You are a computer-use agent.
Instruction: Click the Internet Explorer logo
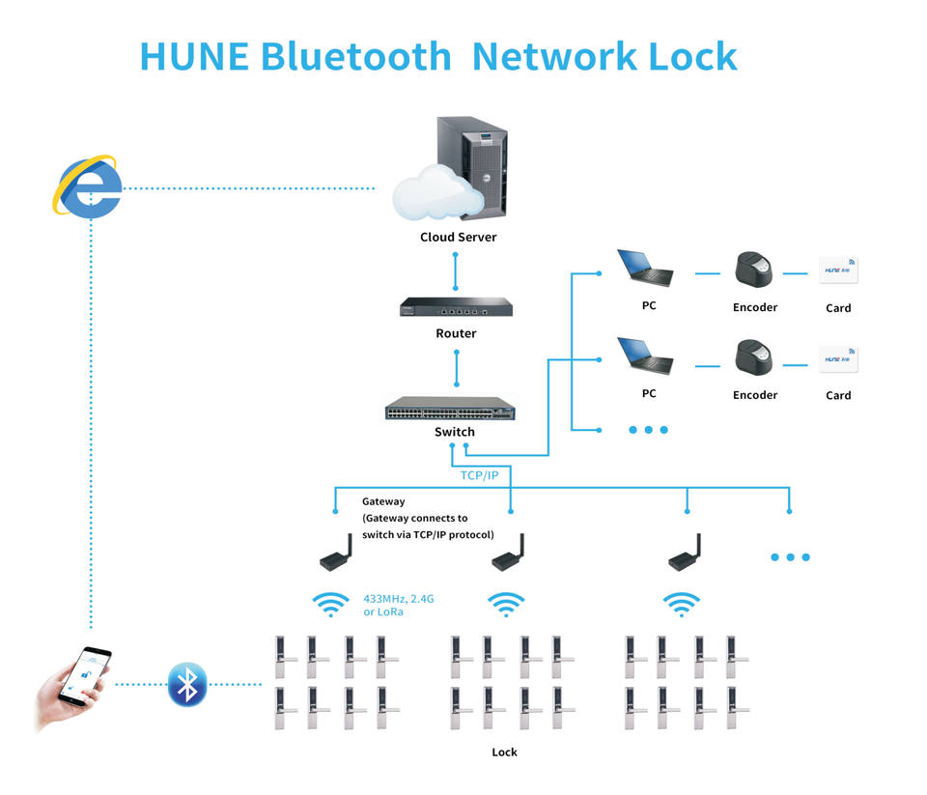(87, 186)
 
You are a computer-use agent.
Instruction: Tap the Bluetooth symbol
(187, 684)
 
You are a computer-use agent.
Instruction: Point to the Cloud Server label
(459, 237)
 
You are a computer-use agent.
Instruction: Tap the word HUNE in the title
(195, 57)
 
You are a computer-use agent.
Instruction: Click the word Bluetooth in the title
(356, 57)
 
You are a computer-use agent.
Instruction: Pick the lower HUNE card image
(838, 359)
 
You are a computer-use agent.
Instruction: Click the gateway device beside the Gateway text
(336, 554)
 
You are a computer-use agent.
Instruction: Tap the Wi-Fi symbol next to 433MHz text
(331, 605)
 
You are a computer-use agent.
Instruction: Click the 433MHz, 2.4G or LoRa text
(398, 606)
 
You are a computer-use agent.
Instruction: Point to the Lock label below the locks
(504, 752)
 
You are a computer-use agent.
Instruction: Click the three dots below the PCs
(648, 430)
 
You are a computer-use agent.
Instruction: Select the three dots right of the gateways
(790, 557)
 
